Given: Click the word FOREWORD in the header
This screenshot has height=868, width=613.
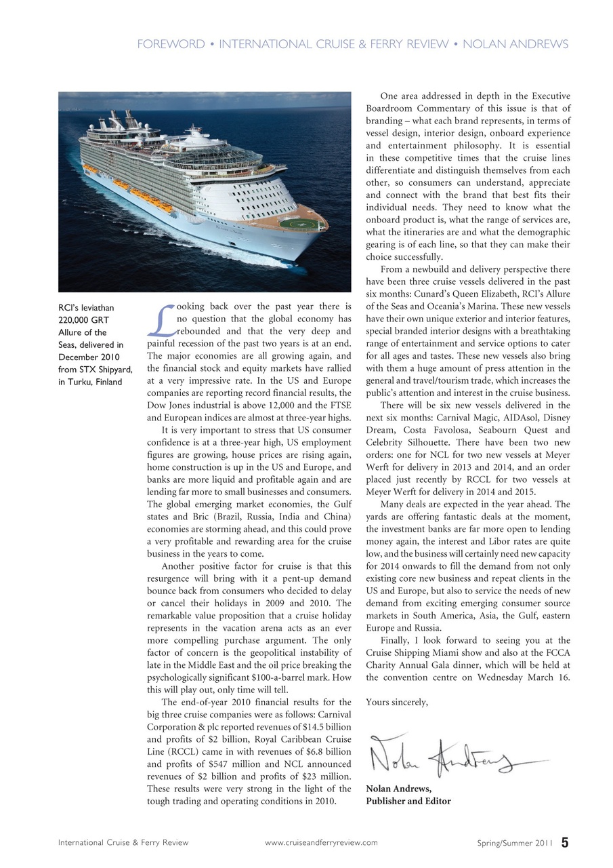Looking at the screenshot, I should click(170, 45).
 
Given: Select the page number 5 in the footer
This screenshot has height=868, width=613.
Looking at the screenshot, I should click(564, 842).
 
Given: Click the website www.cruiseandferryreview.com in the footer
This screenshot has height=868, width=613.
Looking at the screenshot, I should click(320, 843).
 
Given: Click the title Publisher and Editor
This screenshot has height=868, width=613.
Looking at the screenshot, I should click(408, 801).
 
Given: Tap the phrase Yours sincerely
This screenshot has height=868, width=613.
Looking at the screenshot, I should click(396, 702).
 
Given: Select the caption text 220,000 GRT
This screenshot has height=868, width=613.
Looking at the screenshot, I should click(84, 320).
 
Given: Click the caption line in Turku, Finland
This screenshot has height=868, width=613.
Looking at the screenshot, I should click(90, 382).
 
